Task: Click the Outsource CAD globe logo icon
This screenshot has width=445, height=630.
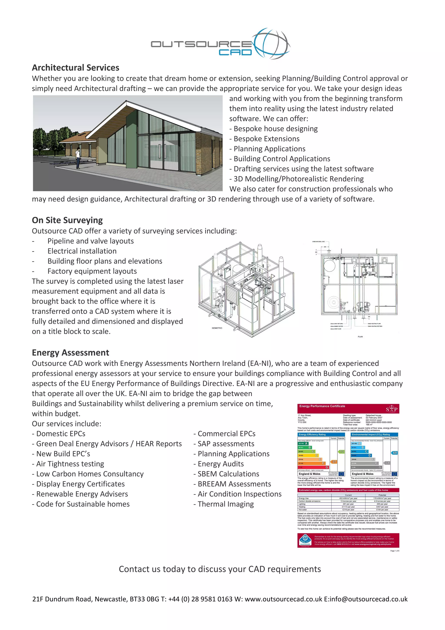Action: coord(271,43)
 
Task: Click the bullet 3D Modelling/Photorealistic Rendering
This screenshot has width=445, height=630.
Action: coord(296,179)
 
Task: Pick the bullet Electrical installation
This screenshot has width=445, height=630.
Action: coord(82,251)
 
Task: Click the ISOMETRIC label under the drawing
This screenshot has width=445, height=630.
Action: coord(217,328)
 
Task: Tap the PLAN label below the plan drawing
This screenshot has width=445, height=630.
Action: coord(360,337)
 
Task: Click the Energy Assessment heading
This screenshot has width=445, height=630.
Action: coord(70,353)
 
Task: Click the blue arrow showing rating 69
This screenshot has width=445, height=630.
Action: coord(394,453)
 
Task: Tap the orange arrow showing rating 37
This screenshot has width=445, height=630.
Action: coord(334,462)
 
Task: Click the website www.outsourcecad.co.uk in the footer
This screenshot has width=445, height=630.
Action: coord(284,599)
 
